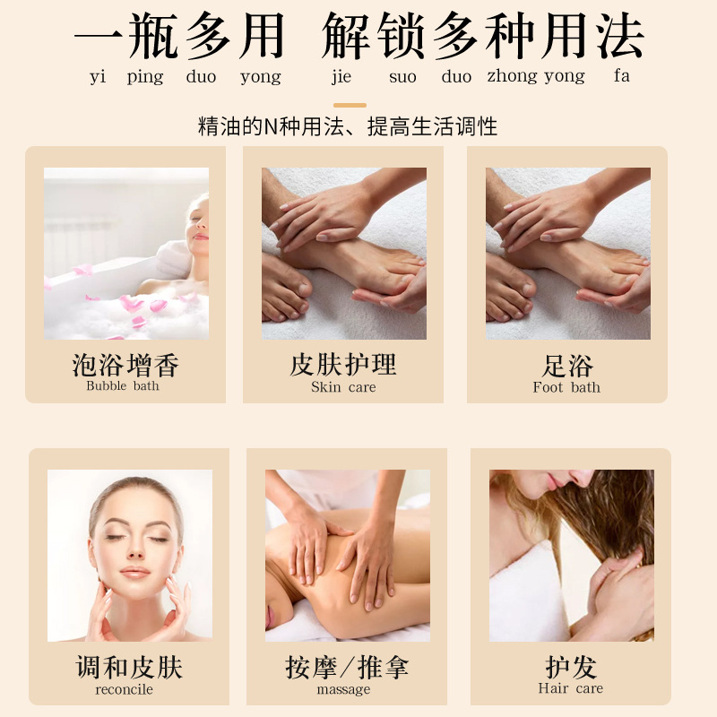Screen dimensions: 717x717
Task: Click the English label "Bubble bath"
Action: pos(123,386)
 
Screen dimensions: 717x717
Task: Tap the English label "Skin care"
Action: pos(343,387)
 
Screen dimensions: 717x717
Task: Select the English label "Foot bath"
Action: pos(566,387)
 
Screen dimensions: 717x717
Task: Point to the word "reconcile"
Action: pos(124,689)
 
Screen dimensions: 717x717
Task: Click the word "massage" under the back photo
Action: pos(343,689)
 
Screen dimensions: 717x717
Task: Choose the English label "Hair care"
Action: pos(571,688)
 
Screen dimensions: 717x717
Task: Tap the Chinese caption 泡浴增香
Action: pos(125,365)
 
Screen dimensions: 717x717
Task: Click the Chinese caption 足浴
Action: pos(567,366)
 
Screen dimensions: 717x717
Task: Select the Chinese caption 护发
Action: pos(571,667)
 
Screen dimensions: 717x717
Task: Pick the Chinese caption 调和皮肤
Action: pos(129,667)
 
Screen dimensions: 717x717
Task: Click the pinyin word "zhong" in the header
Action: pos(512,76)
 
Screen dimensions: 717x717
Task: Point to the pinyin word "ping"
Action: pos(145,77)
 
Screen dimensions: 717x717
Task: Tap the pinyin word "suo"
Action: pos(402,77)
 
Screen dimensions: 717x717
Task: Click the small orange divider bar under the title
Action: pos(350,105)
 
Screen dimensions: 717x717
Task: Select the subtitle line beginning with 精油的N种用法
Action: pos(348,126)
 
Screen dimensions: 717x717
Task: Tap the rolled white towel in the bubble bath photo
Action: pos(173,258)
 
